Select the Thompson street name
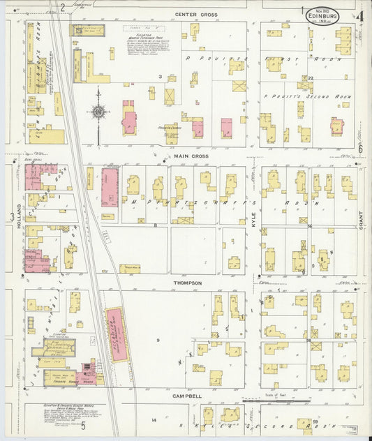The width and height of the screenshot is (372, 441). [x=188, y=283]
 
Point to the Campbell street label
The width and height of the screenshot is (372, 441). [x=188, y=396]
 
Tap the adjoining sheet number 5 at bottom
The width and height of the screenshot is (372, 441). [x=83, y=426]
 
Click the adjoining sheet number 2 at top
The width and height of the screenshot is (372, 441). [x=62, y=7]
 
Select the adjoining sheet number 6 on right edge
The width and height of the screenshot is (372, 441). [x=361, y=149]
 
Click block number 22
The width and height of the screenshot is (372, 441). [x=311, y=77]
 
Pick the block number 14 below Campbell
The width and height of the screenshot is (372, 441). [x=154, y=420]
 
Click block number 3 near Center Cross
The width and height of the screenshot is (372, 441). [x=160, y=76]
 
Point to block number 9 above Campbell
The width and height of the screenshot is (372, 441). [x=158, y=340]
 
